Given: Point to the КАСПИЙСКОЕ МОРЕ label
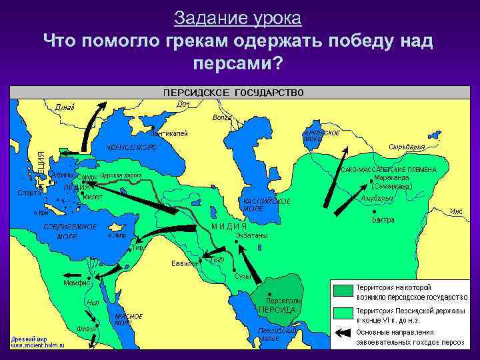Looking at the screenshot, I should tap(267, 204).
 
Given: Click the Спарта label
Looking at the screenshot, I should tap(29, 193).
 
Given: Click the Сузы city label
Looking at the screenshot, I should tap(242, 276).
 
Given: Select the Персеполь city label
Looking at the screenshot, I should tap(283, 301).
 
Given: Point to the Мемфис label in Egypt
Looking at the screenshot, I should tap(77, 283).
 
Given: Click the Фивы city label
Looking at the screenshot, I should tap(87, 328).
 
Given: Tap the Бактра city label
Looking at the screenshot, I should tap(383, 219).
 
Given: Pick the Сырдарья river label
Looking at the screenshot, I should tap(405, 147).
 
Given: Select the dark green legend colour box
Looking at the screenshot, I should tap(343, 290).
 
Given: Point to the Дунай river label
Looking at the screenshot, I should tap(65, 108).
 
